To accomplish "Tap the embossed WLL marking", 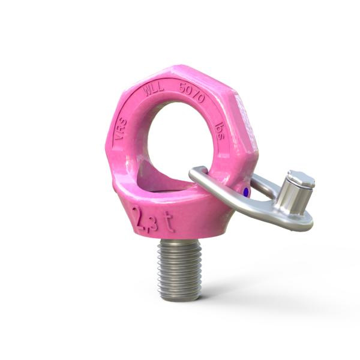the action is pyautogui.click(x=154, y=89).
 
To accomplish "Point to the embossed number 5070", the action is pyautogui.click(x=192, y=92).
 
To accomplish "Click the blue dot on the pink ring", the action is pyautogui.click(x=247, y=191).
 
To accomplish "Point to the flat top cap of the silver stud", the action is pyautogui.click(x=301, y=178).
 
